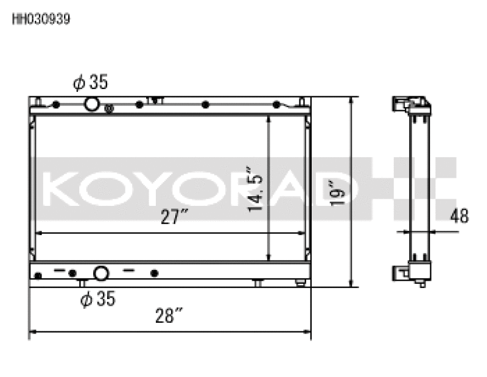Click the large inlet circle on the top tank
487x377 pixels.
92,104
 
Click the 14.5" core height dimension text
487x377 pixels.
256,189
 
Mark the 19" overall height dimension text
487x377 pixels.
336,192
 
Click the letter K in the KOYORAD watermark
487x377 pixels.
63,189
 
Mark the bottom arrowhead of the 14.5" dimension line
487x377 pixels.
268,258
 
